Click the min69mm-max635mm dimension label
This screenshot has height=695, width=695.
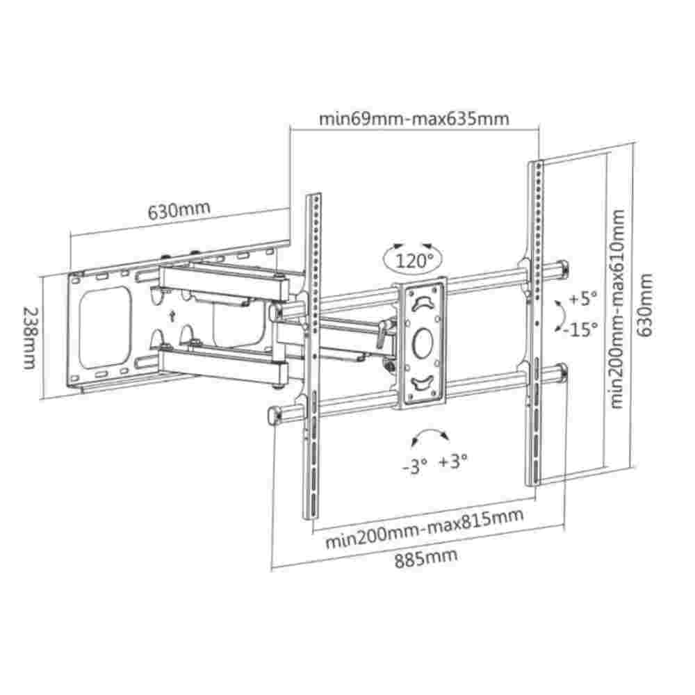[414, 118]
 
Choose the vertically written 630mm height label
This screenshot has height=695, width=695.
[647, 306]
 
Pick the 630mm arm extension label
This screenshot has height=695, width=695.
[179, 209]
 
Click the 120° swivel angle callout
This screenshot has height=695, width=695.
[415, 261]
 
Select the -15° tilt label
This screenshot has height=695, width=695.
[582, 329]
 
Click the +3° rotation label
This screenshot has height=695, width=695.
[453, 461]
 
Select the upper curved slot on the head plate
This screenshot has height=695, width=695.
[422, 302]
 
